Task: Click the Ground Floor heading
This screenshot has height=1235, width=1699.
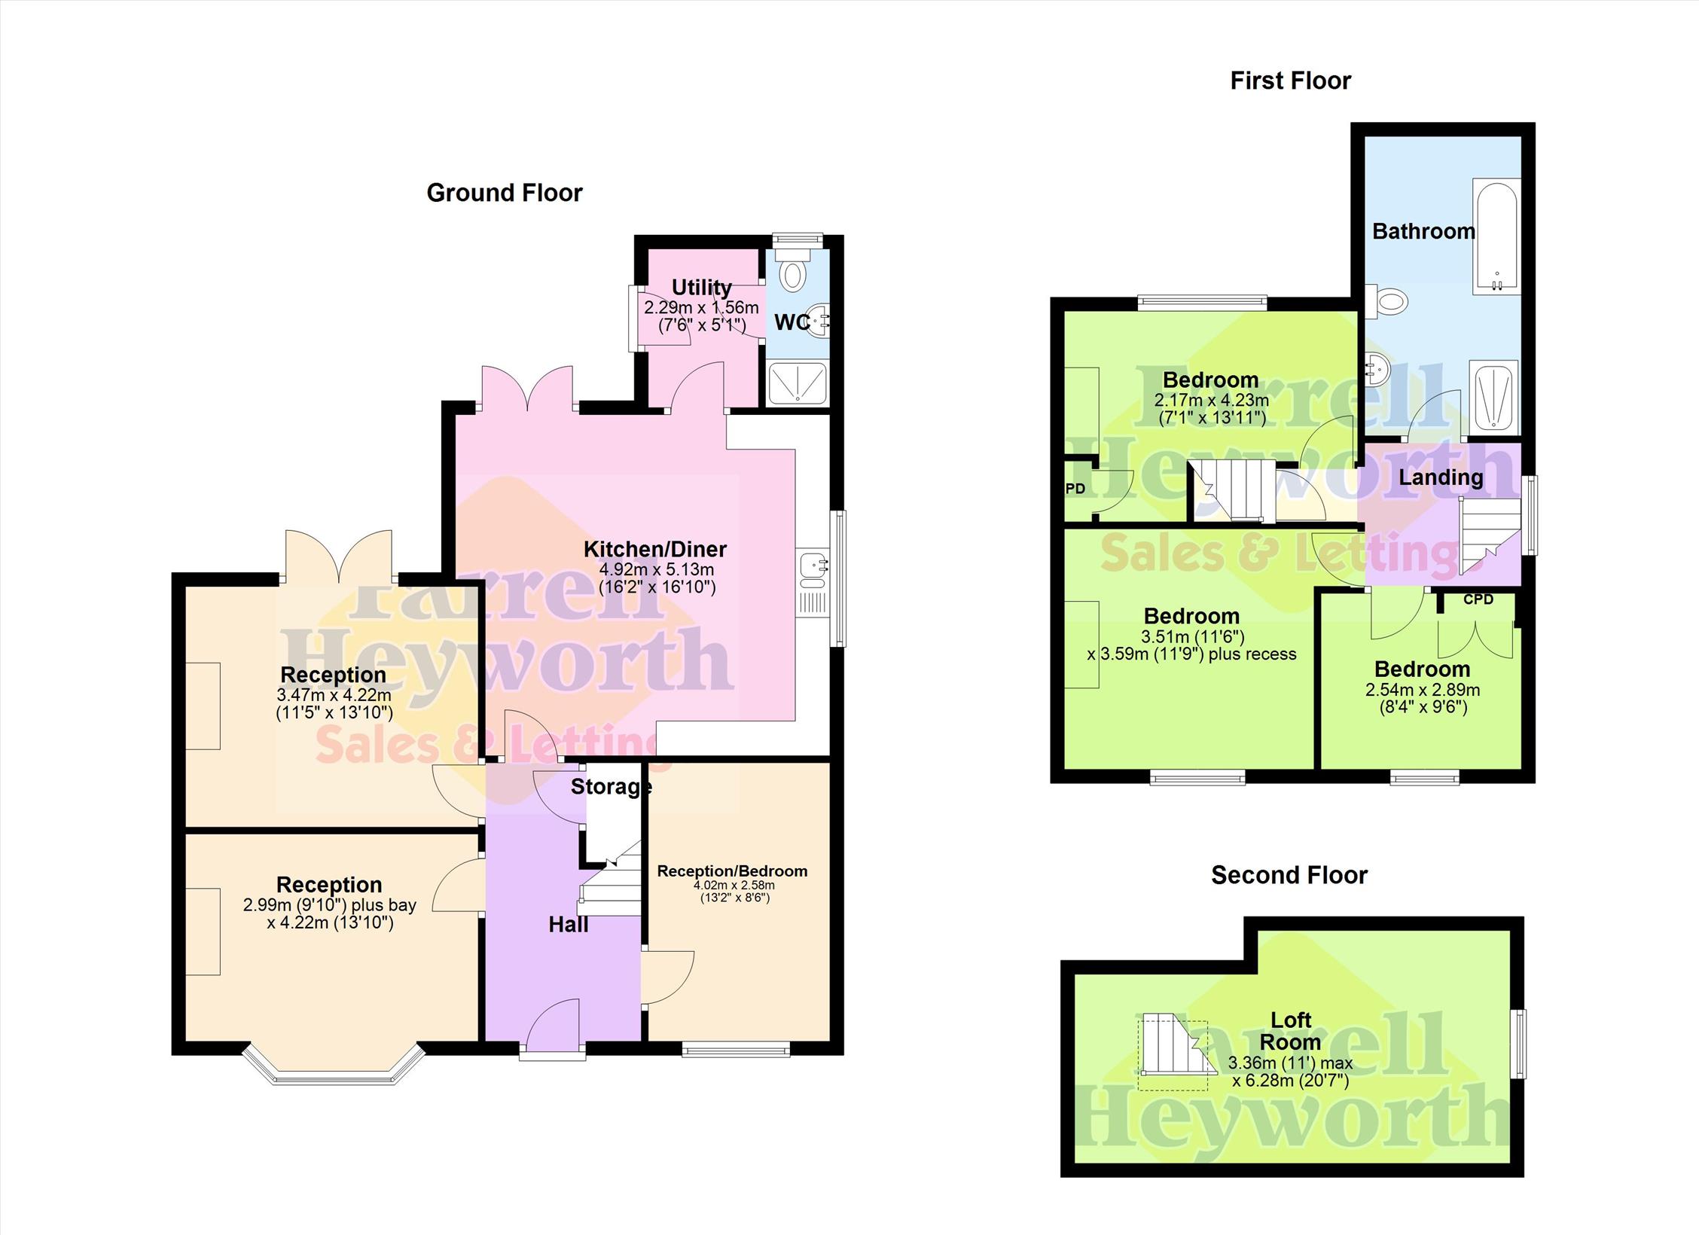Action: pyautogui.click(x=505, y=193)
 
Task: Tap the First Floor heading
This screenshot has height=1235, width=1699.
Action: pyautogui.click(x=1290, y=81)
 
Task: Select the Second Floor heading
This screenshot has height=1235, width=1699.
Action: pyautogui.click(x=1289, y=874)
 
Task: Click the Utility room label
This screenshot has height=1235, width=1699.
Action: pyautogui.click(x=701, y=287)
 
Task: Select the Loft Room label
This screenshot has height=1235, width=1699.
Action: pyautogui.click(x=1291, y=1031)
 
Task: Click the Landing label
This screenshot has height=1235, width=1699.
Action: pyautogui.click(x=1441, y=477)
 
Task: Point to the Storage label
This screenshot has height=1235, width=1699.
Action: pyautogui.click(x=611, y=787)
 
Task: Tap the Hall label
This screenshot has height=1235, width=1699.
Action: pyautogui.click(x=568, y=925)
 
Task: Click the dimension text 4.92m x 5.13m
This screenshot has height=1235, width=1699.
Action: pyautogui.click(x=656, y=569)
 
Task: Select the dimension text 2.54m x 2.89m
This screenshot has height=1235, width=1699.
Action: pyautogui.click(x=1423, y=690)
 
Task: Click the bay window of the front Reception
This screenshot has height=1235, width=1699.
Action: pyautogui.click(x=333, y=1065)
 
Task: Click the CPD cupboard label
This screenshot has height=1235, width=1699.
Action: pyautogui.click(x=1478, y=600)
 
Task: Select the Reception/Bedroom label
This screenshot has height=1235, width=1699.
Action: pyautogui.click(x=732, y=871)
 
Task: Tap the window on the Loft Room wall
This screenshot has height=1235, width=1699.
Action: pyautogui.click(x=1521, y=1044)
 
